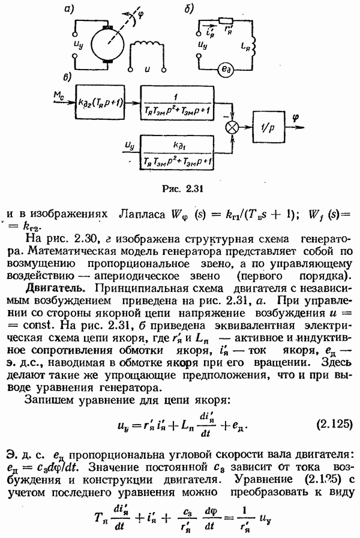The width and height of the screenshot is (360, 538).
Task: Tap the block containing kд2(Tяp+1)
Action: pyautogui.click(x=100, y=102)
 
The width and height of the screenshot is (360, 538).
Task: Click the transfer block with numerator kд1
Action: pyautogui.click(x=177, y=152)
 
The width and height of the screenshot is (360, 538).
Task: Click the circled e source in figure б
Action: pyautogui.click(x=227, y=70)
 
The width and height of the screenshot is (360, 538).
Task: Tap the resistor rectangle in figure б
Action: pyautogui.click(x=226, y=20)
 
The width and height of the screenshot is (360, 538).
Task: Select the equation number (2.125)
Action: pyautogui.click(x=334, y=424)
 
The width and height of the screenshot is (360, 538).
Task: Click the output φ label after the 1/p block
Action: pyautogui.click(x=295, y=118)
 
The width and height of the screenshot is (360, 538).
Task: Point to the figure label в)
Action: pyautogui.click(x=67, y=77)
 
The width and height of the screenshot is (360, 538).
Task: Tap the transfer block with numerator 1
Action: pyautogui.click(x=177, y=102)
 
